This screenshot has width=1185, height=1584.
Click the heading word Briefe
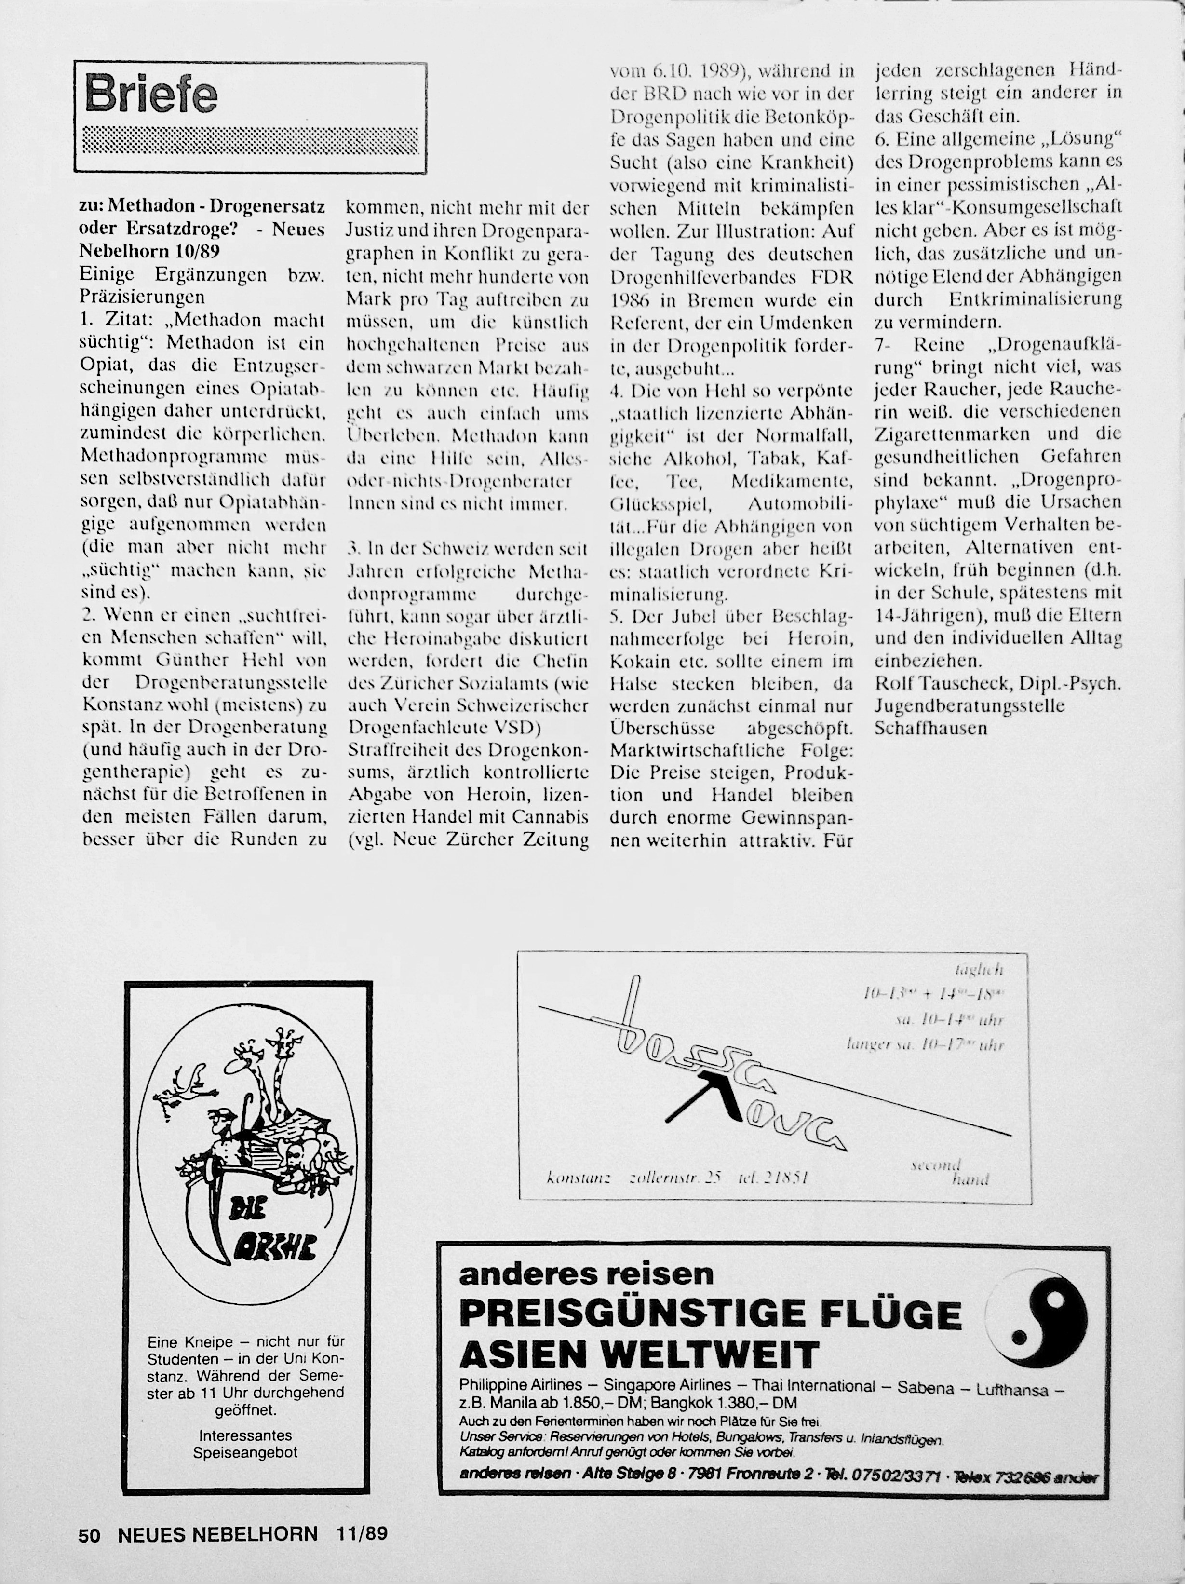point(151,94)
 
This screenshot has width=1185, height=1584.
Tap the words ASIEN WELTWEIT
point(639,1354)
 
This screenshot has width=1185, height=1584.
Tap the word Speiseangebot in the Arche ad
point(245,1453)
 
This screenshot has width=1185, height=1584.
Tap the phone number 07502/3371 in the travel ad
point(904,1475)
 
